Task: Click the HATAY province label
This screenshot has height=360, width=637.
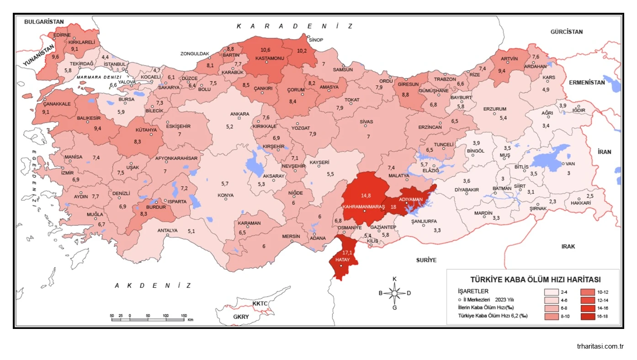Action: pos(343,259)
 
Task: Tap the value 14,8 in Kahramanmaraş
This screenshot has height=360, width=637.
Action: pos(366,196)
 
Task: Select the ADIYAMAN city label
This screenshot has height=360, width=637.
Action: pos(410,199)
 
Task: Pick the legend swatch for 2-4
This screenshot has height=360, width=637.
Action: pos(551,291)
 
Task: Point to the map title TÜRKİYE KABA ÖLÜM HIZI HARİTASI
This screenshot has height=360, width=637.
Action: pos(535,280)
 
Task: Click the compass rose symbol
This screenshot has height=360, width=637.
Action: pos(395,293)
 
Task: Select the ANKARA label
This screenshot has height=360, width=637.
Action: pos(239,114)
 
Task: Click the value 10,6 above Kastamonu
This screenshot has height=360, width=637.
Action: pos(265,50)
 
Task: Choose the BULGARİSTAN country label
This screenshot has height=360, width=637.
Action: pos(44,21)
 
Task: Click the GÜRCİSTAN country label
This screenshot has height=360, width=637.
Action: pos(566,32)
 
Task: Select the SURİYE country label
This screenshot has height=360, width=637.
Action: pos(426,260)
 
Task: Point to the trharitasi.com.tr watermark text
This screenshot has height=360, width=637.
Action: pos(600,346)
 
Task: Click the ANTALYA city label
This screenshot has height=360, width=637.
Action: pos(167,230)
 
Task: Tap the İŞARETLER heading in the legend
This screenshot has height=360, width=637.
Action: pos(473,291)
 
